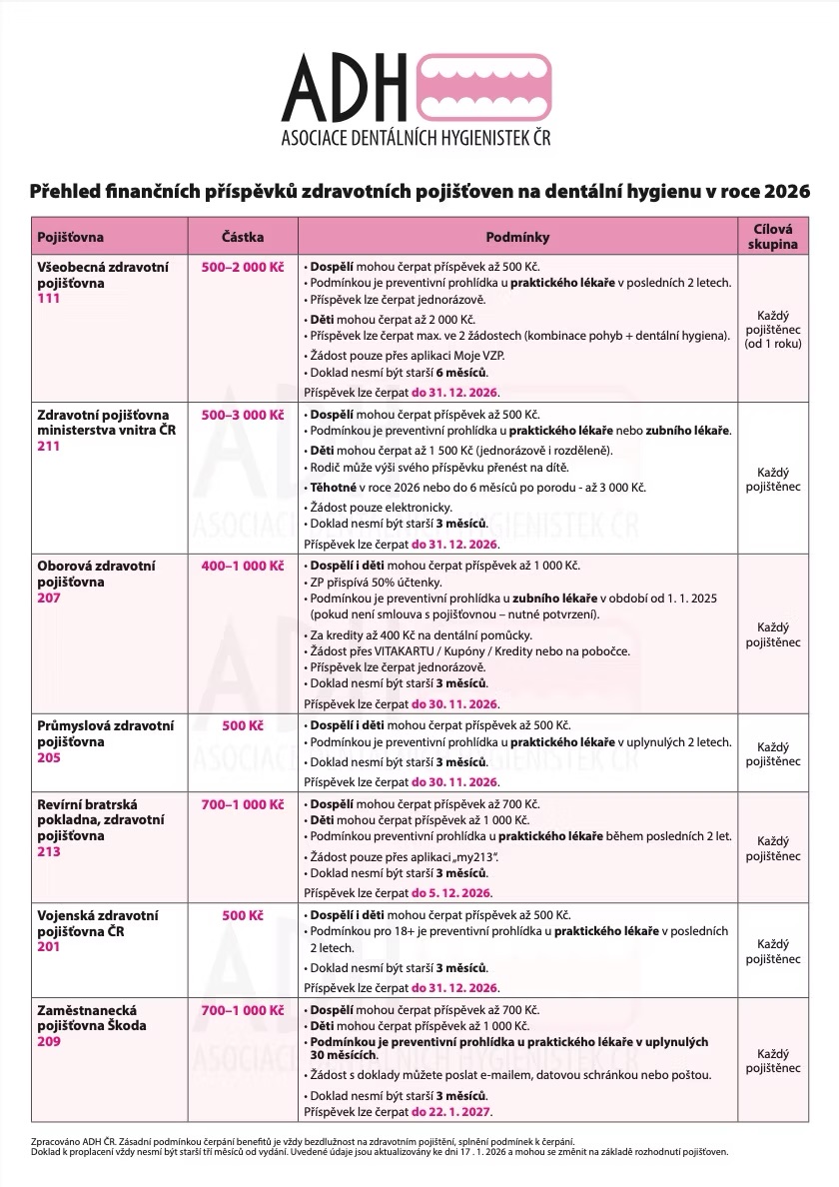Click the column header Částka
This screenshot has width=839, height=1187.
click(243, 238)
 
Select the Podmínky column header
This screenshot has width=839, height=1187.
click(517, 238)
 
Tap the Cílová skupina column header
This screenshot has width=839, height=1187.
click(773, 236)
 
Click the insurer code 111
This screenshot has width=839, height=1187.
click(49, 299)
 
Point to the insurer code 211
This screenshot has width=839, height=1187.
click(49, 446)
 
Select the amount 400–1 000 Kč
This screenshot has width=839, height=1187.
click(243, 566)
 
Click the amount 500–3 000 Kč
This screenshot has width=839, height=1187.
click(243, 415)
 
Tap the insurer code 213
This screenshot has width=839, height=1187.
click(49, 852)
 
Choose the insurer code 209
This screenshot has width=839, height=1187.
click(49, 1041)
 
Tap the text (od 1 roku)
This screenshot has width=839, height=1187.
click(773, 344)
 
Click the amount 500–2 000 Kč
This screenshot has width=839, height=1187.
click(243, 268)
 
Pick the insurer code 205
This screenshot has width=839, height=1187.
click(49, 757)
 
